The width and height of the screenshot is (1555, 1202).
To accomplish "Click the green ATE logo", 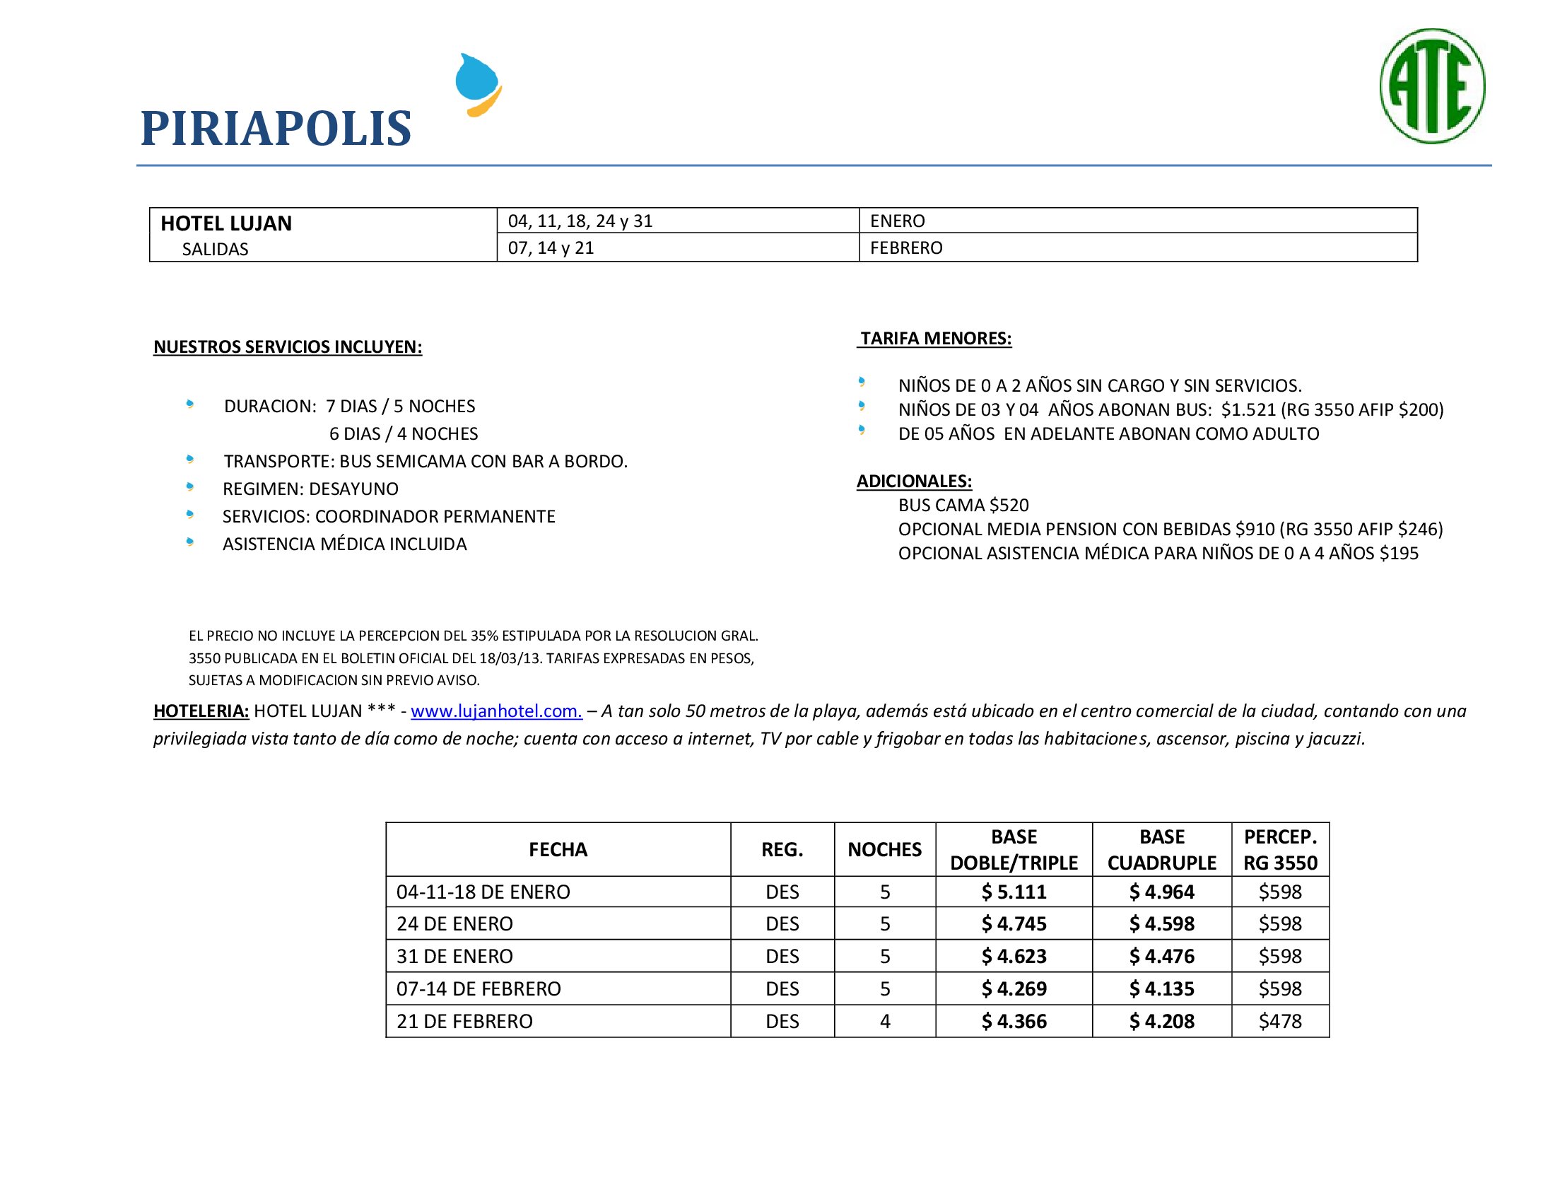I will click(1432, 86).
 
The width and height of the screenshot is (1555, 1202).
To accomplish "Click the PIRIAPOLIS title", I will click(276, 129).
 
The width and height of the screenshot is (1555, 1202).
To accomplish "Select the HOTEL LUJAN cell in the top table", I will click(226, 223).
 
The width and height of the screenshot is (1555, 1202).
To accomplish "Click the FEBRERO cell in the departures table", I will click(905, 247).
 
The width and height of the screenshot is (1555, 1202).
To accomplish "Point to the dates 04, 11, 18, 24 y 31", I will click(580, 221).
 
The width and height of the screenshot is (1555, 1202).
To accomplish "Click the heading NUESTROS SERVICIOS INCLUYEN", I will click(288, 346).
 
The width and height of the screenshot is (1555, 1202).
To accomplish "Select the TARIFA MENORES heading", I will click(936, 338).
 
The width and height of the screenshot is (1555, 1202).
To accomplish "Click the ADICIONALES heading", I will click(913, 482).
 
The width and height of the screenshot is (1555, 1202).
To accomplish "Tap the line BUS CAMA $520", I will click(963, 506).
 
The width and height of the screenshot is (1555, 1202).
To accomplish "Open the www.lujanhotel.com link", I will click(496, 711).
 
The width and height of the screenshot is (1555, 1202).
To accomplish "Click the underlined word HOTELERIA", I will click(201, 711).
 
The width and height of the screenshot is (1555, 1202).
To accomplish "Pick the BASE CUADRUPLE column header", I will click(1161, 849).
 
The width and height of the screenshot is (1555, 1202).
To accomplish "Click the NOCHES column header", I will click(884, 849).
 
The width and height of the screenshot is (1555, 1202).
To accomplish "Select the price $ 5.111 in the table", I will click(1014, 892).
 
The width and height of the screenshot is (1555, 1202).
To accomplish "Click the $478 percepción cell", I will click(1279, 1021).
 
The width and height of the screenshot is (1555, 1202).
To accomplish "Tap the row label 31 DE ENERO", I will click(454, 957).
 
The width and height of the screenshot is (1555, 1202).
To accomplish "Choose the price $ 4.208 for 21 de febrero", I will click(1161, 1021).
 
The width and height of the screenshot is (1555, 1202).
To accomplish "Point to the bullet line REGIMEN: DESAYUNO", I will click(310, 489).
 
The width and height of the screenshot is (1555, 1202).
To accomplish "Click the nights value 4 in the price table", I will click(884, 1021).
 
